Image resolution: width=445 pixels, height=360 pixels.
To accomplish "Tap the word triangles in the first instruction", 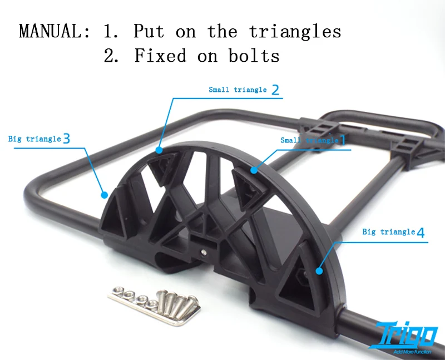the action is point(295,32).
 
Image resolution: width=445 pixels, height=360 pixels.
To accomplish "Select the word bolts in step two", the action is point(254,55).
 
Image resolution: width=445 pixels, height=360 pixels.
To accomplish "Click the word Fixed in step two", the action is point(160,55).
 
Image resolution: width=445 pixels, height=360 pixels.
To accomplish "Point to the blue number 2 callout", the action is point(275,90).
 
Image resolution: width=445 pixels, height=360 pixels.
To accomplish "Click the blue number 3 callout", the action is point(66,139).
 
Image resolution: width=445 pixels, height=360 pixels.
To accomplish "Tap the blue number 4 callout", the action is point(421,233).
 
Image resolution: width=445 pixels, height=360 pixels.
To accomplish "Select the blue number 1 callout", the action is point(342,140).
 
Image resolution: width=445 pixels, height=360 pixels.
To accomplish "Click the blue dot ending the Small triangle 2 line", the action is point(159,150).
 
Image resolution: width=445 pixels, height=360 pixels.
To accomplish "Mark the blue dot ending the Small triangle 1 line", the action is point(254,170).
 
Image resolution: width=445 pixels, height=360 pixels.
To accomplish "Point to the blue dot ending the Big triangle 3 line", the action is point(105,195).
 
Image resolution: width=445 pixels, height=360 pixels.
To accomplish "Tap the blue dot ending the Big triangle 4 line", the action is point(319,271).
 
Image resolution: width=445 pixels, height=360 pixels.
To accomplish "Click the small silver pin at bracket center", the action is point(203,252).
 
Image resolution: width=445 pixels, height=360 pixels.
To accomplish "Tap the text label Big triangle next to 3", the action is point(34,139).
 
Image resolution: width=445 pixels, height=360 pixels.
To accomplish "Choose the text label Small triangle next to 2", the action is point(238,90).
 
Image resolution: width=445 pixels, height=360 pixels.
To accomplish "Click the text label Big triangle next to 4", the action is point(388,232).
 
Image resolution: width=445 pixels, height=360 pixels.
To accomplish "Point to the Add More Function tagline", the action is point(412,352).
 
